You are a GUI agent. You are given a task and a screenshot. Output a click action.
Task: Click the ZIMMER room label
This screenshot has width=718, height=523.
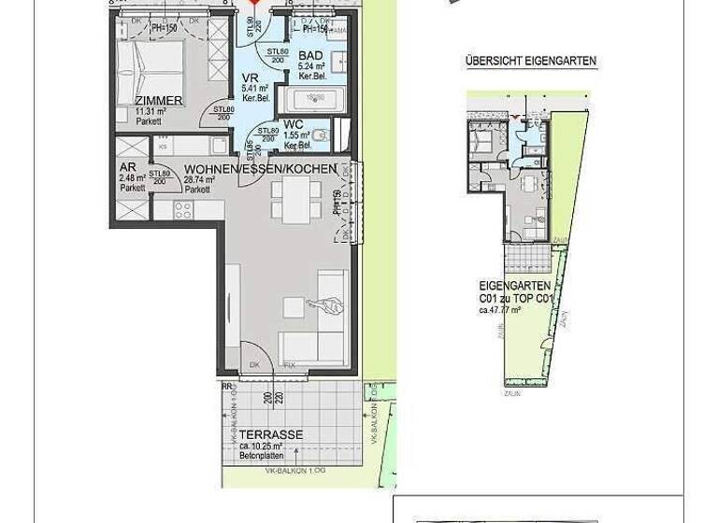tap(158, 101)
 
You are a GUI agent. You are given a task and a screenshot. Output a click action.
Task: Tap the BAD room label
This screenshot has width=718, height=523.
tap(310, 56)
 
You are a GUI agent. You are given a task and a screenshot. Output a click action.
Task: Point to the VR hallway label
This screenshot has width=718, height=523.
tap(251, 78)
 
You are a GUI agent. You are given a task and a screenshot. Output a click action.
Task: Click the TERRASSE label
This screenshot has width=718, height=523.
tap(269, 435)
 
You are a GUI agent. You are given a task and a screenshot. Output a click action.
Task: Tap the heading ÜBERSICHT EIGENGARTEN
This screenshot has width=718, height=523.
tap(530, 62)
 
